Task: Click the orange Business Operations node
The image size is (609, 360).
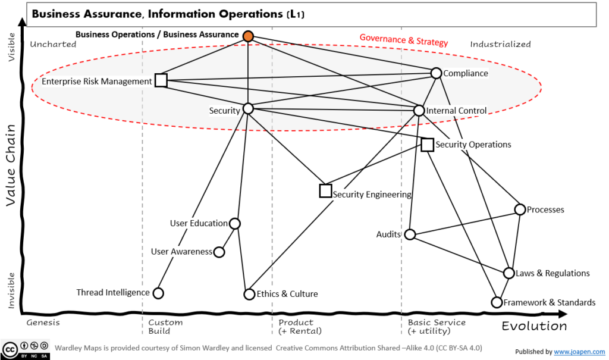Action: (249, 36)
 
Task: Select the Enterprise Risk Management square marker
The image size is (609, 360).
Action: (161, 80)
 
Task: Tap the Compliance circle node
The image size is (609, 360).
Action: (436, 73)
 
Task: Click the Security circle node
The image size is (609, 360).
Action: (249, 108)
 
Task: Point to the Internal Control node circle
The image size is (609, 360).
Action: (419, 111)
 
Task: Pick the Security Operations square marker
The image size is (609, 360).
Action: (427, 145)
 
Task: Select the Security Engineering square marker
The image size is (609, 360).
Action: (325, 191)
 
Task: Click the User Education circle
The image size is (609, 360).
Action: (235, 224)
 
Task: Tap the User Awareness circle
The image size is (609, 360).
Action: (219, 252)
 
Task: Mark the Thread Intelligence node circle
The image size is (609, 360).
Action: (158, 293)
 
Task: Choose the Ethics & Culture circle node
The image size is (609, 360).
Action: (249, 294)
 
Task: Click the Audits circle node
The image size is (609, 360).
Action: (410, 234)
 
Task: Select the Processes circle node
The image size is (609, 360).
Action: (520, 209)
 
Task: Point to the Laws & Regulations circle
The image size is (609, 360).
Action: (509, 273)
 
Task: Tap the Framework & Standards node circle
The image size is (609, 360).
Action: (497, 302)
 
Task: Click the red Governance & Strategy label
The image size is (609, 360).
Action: (404, 42)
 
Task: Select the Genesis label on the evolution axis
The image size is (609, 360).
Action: (43, 323)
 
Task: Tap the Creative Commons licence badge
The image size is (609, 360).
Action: (26, 350)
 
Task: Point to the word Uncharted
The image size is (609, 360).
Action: (53, 44)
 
